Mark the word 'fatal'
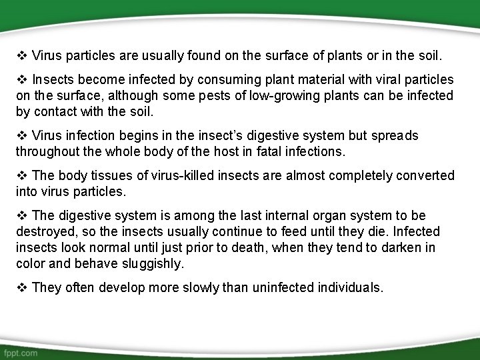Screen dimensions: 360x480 269,152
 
